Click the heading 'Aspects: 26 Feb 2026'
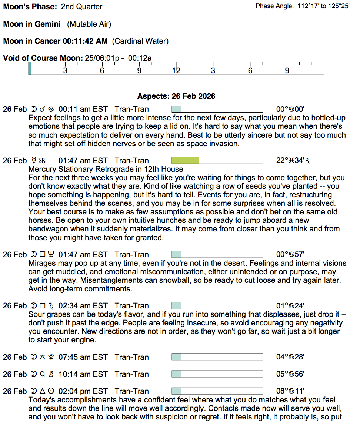coord(176,96)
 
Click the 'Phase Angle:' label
coord(275,6)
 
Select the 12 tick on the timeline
coord(176,70)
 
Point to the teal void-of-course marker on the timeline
coord(30,68)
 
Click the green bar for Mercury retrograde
coord(186,160)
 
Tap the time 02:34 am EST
coord(83,306)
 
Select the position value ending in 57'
coord(290,255)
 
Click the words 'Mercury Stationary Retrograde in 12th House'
coord(106,169)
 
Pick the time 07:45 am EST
coord(83,357)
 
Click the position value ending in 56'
coord(290,374)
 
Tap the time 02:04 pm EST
coord(83,391)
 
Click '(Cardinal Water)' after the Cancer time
coord(140,41)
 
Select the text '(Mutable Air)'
coord(89,24)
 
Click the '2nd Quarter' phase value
coord(81,7)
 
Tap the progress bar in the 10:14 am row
coord(217,374)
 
